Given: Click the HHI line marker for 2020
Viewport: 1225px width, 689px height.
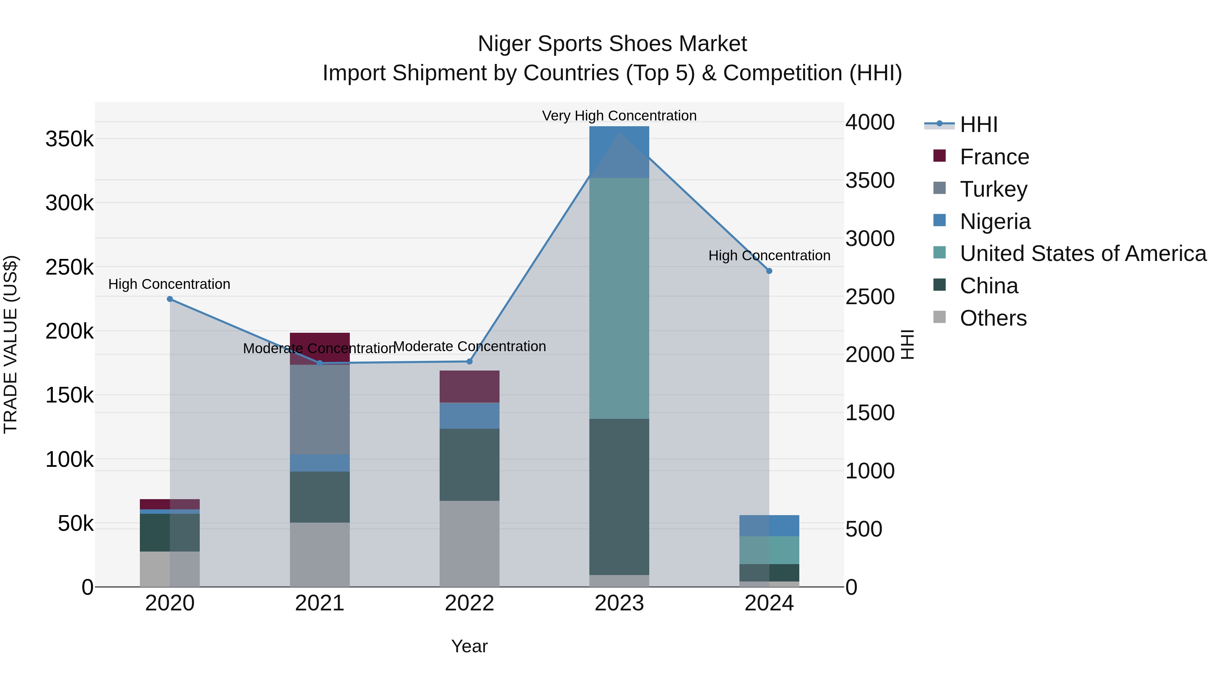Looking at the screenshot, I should (170, 299).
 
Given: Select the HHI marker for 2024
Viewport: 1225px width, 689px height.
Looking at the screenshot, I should (769, 271).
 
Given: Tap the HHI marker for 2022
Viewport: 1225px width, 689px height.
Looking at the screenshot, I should (469, 361).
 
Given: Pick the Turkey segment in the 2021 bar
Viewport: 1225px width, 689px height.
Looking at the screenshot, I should (320, 409).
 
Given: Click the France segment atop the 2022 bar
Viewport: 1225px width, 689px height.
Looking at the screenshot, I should (469, 387).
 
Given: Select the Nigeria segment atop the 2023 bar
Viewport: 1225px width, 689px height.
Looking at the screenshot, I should (619, 152).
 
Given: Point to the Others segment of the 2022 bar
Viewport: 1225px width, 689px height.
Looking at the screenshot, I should (469, 543).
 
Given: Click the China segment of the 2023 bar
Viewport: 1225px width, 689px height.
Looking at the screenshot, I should (619, 497).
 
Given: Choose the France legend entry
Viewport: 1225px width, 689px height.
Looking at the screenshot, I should (994, 157).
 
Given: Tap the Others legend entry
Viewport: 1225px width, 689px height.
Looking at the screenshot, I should (993, 318).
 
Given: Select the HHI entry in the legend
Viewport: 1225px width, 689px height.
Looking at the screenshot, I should (978, 125).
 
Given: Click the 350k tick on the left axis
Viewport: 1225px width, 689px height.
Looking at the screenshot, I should (69, 139).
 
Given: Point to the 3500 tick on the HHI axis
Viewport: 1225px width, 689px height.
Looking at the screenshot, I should (870, 181).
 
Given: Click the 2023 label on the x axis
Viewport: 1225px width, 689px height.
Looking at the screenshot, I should (619, 603).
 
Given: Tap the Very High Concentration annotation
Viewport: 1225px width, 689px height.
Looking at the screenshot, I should (619, 116).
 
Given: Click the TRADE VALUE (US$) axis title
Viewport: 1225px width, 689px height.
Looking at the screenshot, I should (11, 344).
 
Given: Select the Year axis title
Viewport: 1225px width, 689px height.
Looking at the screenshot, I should (469, 646).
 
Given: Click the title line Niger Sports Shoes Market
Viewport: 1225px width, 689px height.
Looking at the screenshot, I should (612, 44).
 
